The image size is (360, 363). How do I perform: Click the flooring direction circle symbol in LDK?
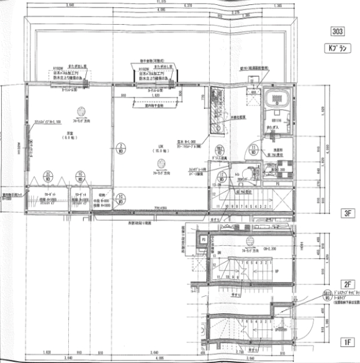[160, 163]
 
